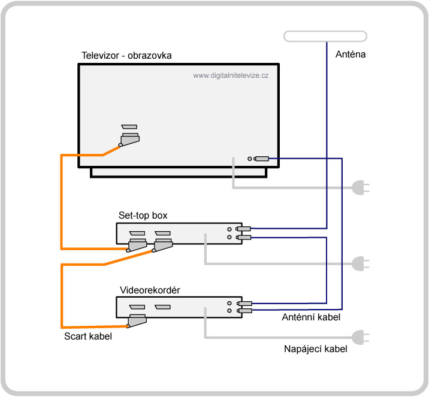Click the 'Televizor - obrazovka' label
(x=126, y=56)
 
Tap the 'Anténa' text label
(x=351, y=54)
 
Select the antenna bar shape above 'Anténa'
(x=325, y=37)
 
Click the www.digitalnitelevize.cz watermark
(x=231, y=75)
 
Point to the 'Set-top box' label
(x=143, y=216)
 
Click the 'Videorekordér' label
(x=150, y=290)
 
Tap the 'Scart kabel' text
(x=88, y=336)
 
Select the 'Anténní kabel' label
(x=311, y=317)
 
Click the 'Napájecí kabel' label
(x=316, y=349)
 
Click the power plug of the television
(x=360, y=187)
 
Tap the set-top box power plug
(x=360, y=263)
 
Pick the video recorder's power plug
(x=360, y=337)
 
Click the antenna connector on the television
(x=261, y=159)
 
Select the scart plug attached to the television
(x=129, y=140)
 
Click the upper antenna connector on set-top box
(x=243, y=229)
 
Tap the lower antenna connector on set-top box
(x=243, y=237)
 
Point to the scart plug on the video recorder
(x=136, y=320)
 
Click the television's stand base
(x=179, y=173)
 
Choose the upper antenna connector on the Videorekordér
(x=244, y=303)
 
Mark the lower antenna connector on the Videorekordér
(x=244, y=311)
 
